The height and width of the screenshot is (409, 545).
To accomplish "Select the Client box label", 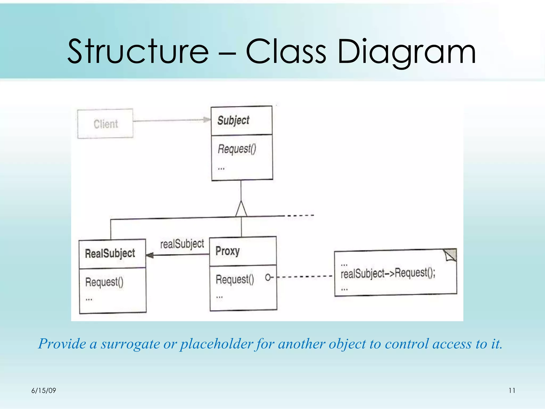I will [106, 124].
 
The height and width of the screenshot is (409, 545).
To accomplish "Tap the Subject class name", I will [233, 120].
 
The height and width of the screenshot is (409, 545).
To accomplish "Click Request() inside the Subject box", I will [237, 149].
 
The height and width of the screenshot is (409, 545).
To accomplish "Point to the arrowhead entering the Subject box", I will [207, 120].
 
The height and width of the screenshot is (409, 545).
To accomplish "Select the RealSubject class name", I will [110, 253].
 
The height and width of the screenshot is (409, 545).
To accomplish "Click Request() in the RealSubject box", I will [104, 282].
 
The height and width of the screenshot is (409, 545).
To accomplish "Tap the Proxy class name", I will [228, 251].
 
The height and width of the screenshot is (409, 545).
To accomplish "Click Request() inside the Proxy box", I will [235, 279].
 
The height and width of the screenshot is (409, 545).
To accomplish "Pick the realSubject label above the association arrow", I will [182, 244].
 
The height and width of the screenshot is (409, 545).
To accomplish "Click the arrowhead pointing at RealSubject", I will [150, 255].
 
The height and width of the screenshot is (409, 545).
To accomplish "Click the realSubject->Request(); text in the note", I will [388, 273].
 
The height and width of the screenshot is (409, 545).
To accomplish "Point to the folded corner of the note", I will [451, 255].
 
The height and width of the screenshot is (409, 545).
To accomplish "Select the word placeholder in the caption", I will [216, 344].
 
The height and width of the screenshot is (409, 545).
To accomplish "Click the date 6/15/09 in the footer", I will [44, 391].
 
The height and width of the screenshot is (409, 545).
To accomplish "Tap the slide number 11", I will [512, 391].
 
